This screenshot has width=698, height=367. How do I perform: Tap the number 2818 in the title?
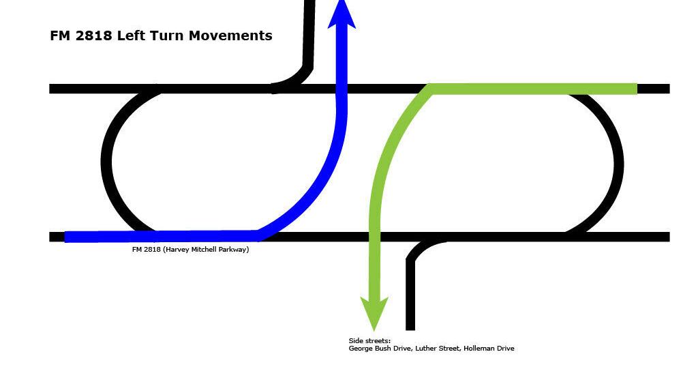coord(93,35)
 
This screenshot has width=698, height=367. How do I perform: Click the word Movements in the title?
coord(230,35)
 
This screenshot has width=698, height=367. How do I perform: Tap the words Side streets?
coord(369,341)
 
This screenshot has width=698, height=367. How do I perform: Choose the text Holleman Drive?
coord(489,349)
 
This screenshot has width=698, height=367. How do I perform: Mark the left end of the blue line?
coord(65,237)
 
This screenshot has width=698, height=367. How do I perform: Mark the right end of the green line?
coord(637,89)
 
